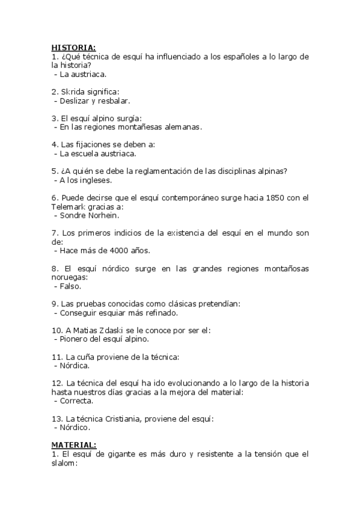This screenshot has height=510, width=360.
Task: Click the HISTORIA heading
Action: tap(73, 48)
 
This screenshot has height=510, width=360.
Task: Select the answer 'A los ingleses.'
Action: tap(86, 180)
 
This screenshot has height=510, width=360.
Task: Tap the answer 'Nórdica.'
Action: tap(75, 365)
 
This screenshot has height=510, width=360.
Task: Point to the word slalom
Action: tap(62, 464)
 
